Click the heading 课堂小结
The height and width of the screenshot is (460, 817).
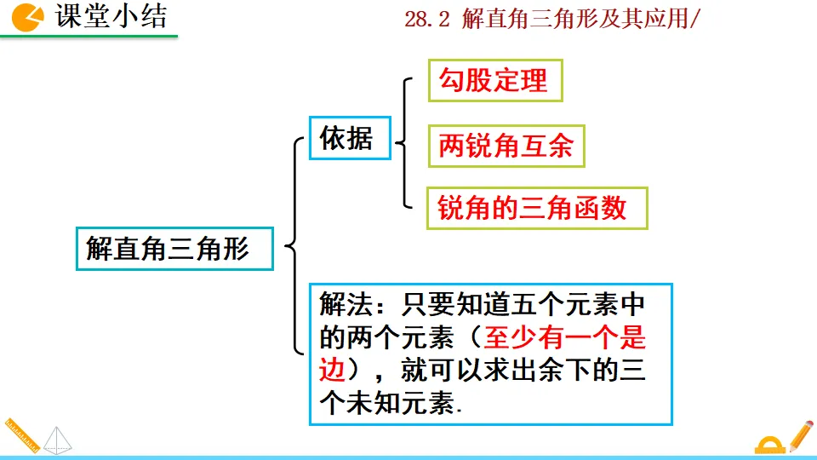[111, 16]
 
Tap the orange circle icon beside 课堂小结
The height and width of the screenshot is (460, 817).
[29, 16]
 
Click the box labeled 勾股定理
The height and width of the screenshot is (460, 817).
[494, 81]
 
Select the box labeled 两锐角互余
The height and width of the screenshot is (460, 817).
[506, 147]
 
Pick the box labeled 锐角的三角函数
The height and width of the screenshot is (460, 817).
[536, 208]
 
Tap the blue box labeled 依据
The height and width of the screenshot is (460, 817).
[349, 138]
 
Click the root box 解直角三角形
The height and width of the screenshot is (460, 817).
[174, 249]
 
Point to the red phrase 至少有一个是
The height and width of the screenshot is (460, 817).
[565, 339]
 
